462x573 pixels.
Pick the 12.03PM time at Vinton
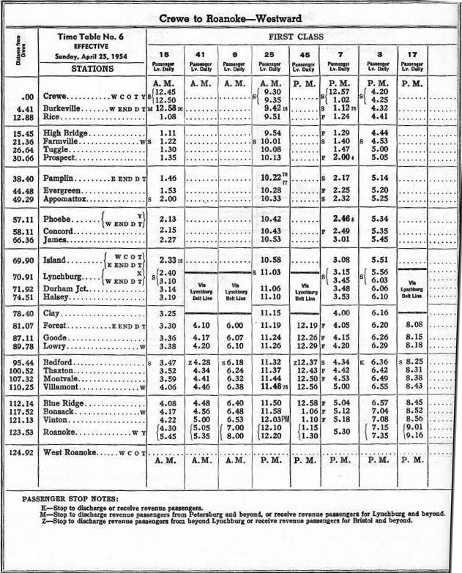pyautogui.click(x=272, y=419)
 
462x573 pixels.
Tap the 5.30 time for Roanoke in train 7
pyautogui.click(x=341, y=432)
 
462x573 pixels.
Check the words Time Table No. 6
pyautogui.click(x=92, y=36)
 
